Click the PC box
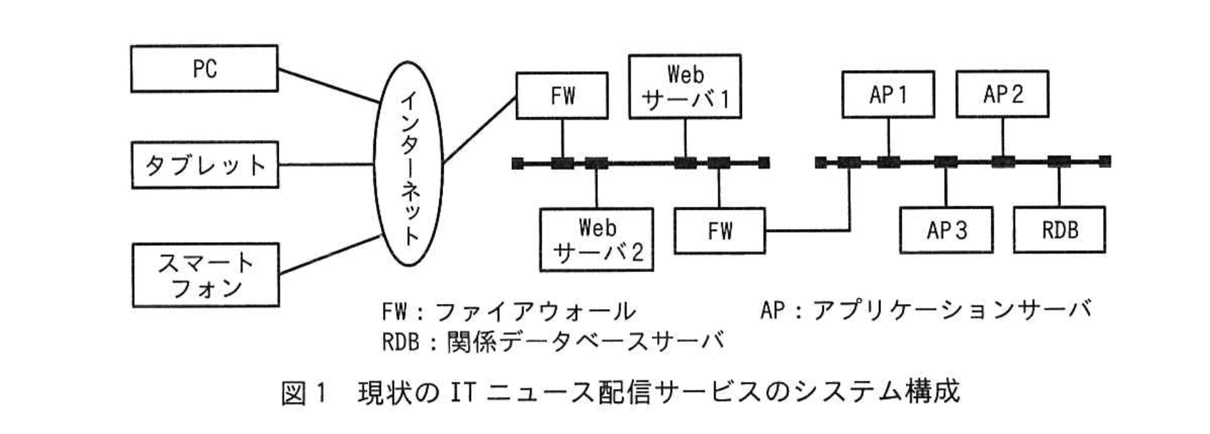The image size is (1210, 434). pos(204,69)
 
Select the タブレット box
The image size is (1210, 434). pos(205,165)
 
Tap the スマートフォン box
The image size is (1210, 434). pos(205,275)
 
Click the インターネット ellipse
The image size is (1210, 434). pos(409,165)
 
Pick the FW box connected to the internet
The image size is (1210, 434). pos(562,96)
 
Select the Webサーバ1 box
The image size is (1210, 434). pos(685,86)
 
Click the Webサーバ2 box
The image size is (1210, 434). pos(596,240)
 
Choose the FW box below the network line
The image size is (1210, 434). pos(719,231)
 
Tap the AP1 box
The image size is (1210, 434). pos(888,94)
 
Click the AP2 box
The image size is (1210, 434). pos(1002,94)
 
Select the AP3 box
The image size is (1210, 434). pos(946,230)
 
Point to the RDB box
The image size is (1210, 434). pos(1059,230)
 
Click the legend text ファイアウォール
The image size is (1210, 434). pos(534,311)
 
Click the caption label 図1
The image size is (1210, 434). pos(303,393)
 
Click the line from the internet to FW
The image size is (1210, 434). pos(479,130)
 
